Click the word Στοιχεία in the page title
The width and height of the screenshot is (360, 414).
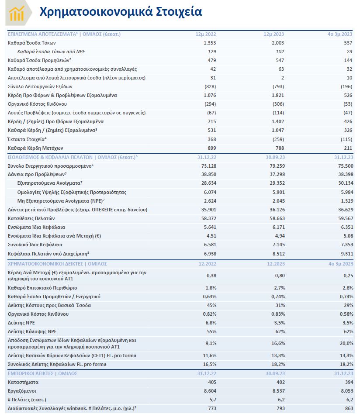click(x=179, y=11)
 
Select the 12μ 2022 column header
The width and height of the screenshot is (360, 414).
click(x=206, y=34)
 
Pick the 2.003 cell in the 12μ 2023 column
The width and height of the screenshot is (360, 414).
click(x=277, y=43)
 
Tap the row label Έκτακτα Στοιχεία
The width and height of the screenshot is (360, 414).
click(x=27, y=139)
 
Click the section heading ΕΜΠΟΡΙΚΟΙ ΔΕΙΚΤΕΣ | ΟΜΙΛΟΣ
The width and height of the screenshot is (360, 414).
click(x=43, y=373)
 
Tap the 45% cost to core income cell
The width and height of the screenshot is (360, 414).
click(x=211, y=305)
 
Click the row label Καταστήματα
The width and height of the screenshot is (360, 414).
click(x=24, y=382)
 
